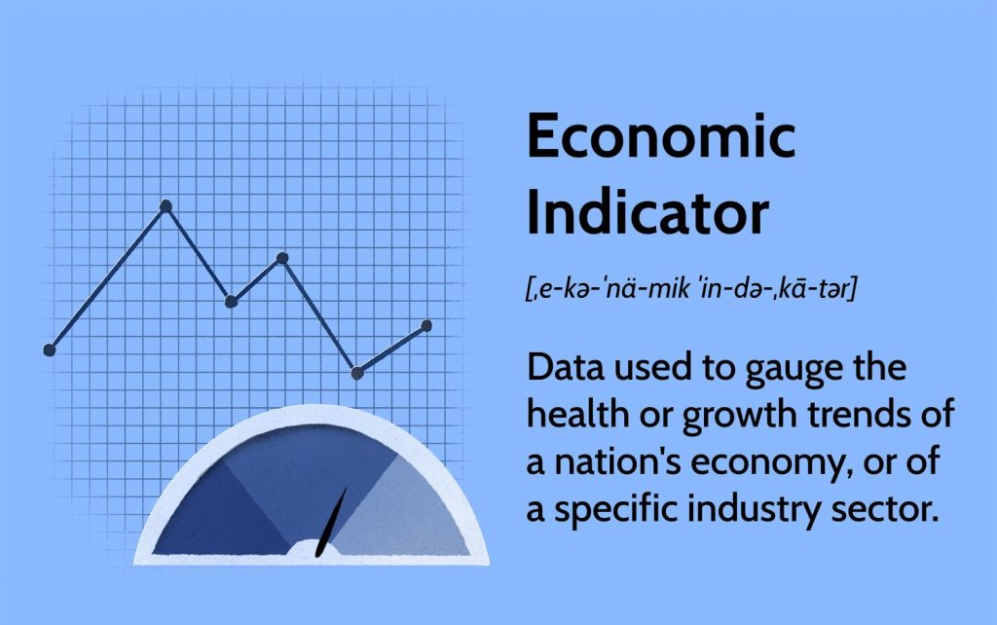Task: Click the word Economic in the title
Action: (x=661, y=135)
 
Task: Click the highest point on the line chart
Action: (x=166, y=206)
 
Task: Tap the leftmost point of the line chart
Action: (x=50, y=349)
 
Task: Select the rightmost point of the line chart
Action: (x=426, y=326)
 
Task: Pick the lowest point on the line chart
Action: (x=357, y=373)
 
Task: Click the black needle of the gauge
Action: (x=332, y=522)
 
